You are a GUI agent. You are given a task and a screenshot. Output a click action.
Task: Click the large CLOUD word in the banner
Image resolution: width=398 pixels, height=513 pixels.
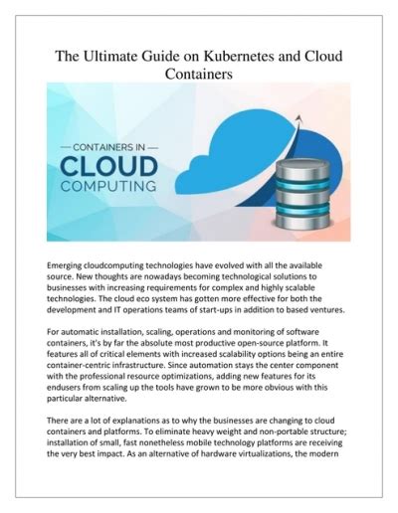[x=109, y=161]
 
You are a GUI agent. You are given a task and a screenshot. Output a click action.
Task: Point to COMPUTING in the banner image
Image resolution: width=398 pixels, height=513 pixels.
[x=109, y=185]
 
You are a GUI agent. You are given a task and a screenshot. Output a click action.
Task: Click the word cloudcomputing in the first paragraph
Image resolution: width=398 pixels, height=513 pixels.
[x=127, y=267]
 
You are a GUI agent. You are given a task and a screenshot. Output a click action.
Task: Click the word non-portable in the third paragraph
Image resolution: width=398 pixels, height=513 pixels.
[x=289, y=450]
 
